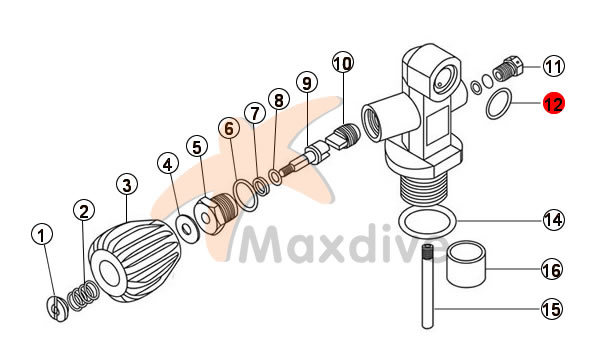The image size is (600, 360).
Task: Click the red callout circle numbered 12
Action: pyautogui.click(x=554, y=103)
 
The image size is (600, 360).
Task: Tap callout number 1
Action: pyautogui.click(x=42, y=235)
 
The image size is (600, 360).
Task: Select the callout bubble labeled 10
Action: pyautogui.click(x=343, y=63)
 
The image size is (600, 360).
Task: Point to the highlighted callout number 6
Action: pyautogui.click(x=229, y=129)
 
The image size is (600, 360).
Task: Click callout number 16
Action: pyautogui.click(x=552, y=269)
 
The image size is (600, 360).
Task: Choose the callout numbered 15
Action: pyautogui.click(x=552, y=308)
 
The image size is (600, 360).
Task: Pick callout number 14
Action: pyautogui.click(x=554, y=220)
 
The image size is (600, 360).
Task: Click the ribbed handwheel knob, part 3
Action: pyautogui.click(x=134, y=259)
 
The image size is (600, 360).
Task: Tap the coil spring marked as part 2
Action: pyautogui.click(x=83, y=295)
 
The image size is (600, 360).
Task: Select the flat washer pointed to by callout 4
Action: pyautogui.click(x=187, y=229)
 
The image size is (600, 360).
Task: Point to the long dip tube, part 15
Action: pyautogui.click(x=428, y=286)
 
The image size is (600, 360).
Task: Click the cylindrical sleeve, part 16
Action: pyautogui.click(x=466, y=264)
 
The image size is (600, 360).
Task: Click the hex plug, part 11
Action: pyautogui.click(x=508, y=68)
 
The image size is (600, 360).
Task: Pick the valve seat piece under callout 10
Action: pyautogui.click(x=342, y=137)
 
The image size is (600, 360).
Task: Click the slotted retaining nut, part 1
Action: pyautogui.click(x=57, y=308)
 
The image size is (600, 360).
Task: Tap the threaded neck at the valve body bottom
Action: pyautogui.click(x=424, y=190)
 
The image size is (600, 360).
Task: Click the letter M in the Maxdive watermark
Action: pyautogui.click(x=264, y=244)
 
